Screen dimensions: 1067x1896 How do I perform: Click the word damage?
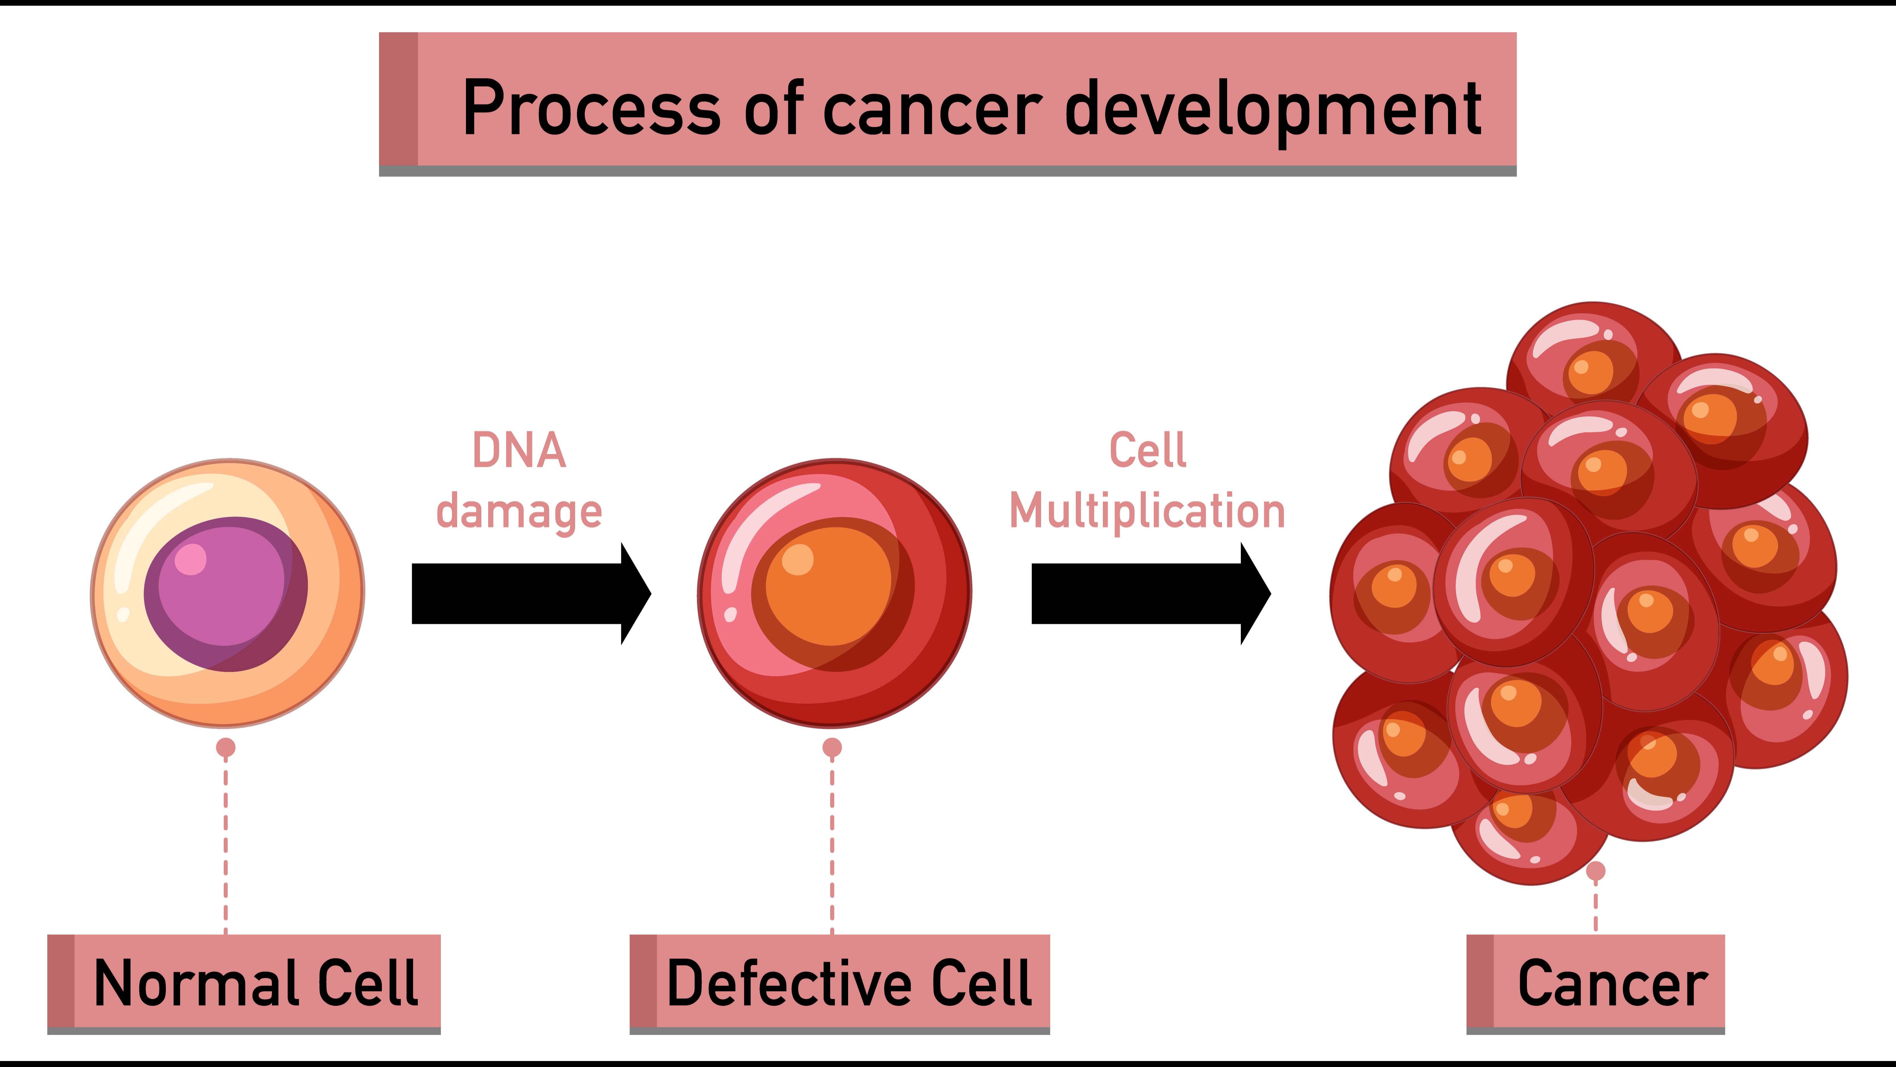click(x=519, y=512)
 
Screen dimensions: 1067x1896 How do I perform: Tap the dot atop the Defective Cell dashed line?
click(x=832, y=747)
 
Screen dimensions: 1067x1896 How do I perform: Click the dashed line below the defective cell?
click(x=832, y=847)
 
